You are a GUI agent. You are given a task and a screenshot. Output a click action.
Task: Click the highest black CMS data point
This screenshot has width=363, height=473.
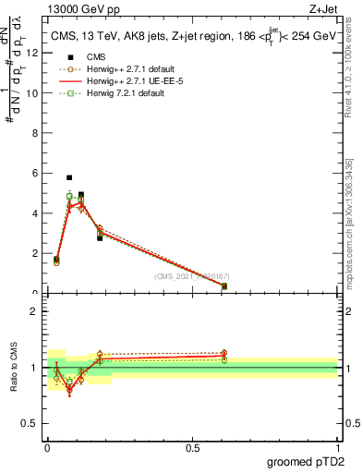click(69, 177)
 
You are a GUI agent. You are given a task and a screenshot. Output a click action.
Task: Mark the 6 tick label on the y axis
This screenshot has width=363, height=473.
click(34, 173)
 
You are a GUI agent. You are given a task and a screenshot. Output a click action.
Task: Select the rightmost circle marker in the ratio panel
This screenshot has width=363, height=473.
click(224, 353)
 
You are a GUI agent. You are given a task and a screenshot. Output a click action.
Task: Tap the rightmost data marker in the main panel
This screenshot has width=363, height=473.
click(224, 286)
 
